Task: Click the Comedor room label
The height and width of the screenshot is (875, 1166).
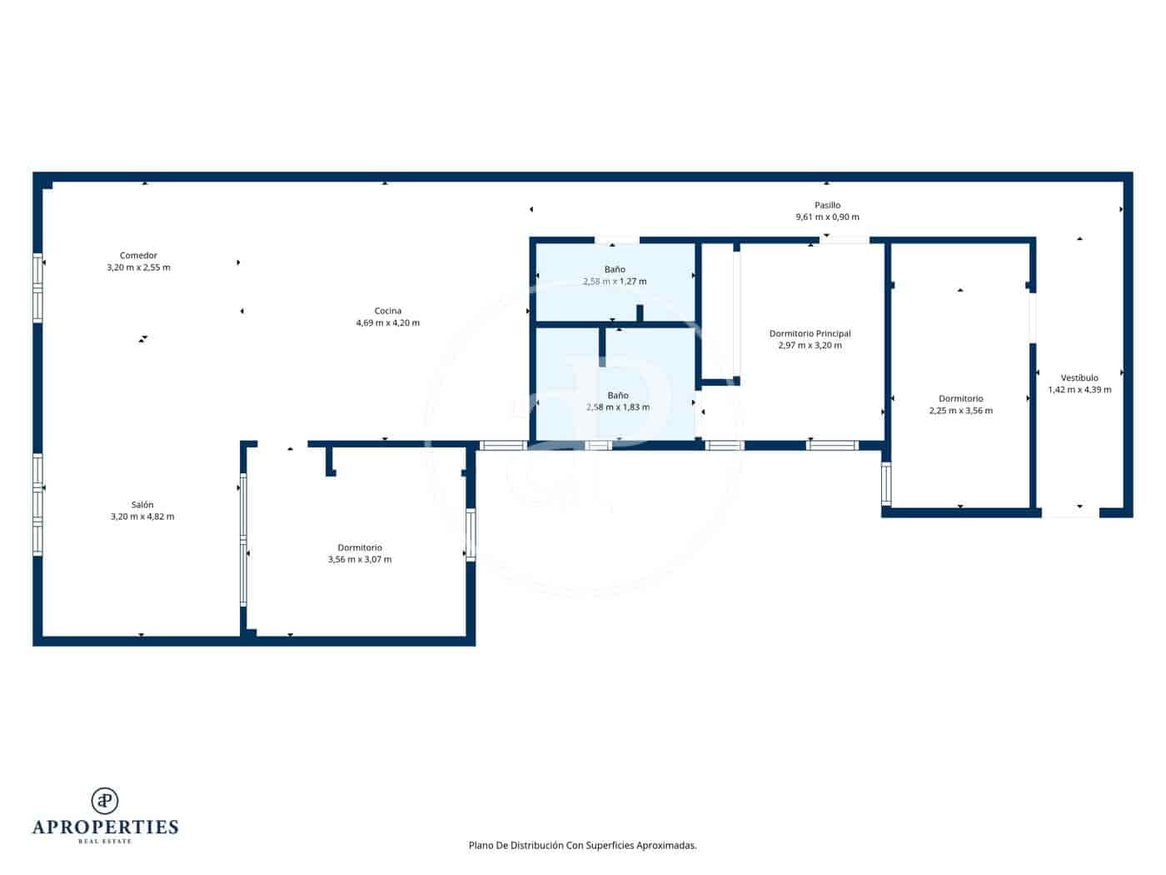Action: (138, 256)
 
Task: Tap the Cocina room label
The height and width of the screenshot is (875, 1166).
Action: (387, 311)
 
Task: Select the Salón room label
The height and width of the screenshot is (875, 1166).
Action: (142, 505)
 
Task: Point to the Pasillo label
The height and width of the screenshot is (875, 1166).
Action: (827, 205)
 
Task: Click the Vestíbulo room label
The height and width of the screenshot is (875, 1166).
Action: (1079, 377)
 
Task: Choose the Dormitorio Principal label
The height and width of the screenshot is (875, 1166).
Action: (810, 333)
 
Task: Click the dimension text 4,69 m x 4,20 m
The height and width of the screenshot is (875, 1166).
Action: (387, 323)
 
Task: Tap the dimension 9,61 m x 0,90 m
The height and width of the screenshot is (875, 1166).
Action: (827, 217)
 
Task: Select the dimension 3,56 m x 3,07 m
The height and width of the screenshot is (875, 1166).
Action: (360, 560)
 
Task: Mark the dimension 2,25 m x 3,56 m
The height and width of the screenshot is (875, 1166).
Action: (960, 411)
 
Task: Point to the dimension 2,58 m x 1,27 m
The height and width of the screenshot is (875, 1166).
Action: (615, 282)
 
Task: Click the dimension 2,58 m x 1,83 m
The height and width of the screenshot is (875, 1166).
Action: (618, 407)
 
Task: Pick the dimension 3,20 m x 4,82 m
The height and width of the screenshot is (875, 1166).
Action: (142, 517)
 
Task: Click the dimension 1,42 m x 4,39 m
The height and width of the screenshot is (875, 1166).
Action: (1079, 390)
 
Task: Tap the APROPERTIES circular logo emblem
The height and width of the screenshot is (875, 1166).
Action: (105, 801)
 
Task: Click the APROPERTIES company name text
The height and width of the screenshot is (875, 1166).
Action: (105, 827)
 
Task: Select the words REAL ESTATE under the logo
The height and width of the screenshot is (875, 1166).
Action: (105, 842)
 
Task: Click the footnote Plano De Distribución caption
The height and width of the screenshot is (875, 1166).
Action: (582, 845)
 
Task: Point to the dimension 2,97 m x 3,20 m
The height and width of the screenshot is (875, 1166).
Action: (810, 346)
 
